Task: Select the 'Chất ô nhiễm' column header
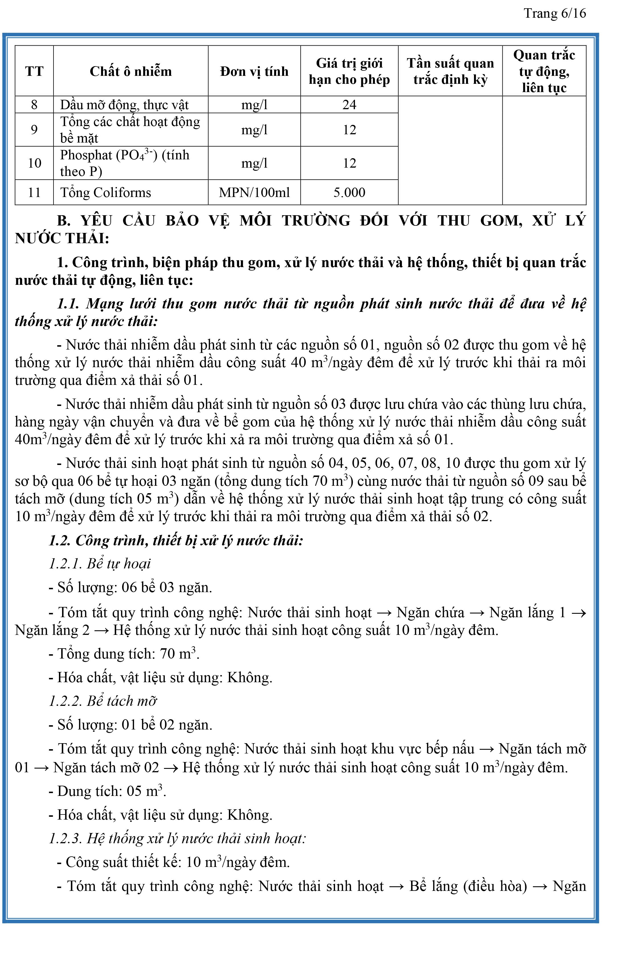131,72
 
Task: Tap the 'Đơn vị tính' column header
254,72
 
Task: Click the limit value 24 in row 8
349,105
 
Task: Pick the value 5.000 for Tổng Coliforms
349,193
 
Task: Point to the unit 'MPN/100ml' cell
254,193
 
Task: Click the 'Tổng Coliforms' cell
106,193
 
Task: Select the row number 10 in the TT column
34,163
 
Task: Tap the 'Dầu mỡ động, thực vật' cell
124,105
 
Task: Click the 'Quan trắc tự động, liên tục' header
544,72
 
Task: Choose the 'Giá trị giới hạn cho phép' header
349,72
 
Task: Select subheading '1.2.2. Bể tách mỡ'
102,701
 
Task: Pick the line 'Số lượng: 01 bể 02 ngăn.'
130,725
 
